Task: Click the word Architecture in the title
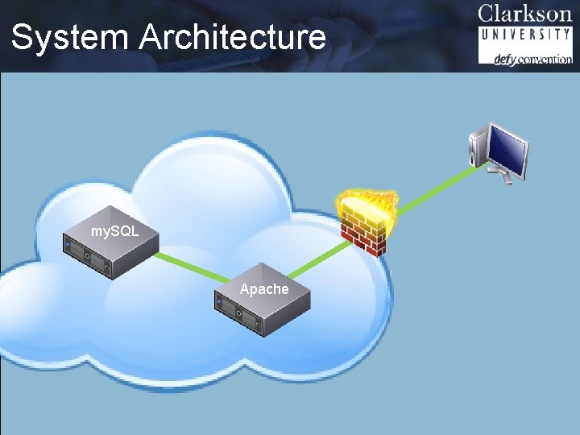coord(233,38)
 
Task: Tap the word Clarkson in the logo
coord(524,14)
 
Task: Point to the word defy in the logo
coord(504,59)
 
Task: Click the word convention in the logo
coord(545,59)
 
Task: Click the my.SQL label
coord(114,231)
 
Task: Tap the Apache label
coord(263,289)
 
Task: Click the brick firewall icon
coord(364,230)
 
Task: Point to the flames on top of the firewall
coord(368,201)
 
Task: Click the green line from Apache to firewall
coord(318,258)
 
